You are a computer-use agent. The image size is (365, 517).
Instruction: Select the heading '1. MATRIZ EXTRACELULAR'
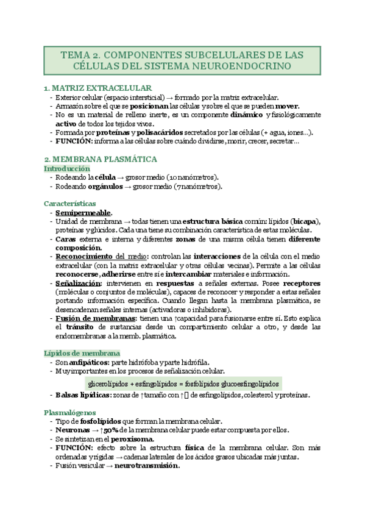(97, 88)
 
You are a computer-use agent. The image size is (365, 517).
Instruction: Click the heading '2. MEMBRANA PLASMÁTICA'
(101, 159)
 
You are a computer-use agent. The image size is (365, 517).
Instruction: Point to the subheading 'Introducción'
(67, 168)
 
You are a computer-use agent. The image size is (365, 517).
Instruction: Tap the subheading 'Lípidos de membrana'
(82, 353)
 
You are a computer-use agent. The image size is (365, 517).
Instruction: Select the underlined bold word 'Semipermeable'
(83, 213)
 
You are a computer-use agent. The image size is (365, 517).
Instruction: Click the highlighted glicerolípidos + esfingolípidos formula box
(183, 384)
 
